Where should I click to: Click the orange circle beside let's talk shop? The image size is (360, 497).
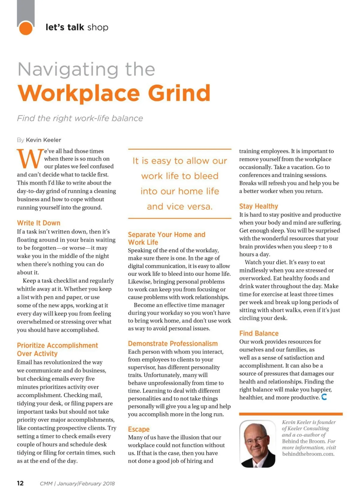tap(25, 28)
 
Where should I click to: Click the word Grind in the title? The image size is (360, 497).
tap(179, 93)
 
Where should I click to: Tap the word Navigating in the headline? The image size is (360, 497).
tap(68, 70)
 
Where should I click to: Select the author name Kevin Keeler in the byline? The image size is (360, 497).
tap(43, 140)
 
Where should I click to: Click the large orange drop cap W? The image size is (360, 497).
tap(30, 158)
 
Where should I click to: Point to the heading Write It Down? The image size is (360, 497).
tap(39, 223)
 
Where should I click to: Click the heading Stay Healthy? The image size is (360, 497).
tap(259, 206)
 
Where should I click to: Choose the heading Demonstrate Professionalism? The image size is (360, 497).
tap(173, 343)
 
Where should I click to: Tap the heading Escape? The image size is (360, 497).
tap(139, 429)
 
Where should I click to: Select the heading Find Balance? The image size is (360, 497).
tap(259, 333)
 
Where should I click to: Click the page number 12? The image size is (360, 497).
tap(20, 483)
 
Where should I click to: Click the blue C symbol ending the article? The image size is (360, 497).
tap(324, 397)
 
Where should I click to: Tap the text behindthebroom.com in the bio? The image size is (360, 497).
tap(308, 454)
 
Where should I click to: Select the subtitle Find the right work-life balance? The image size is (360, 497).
tap(80, 118)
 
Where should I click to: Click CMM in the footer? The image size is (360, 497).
tap(46, 484)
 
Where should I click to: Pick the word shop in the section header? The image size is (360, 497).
tap(98, 27)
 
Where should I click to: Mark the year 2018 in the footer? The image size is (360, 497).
tap(109, 484)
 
